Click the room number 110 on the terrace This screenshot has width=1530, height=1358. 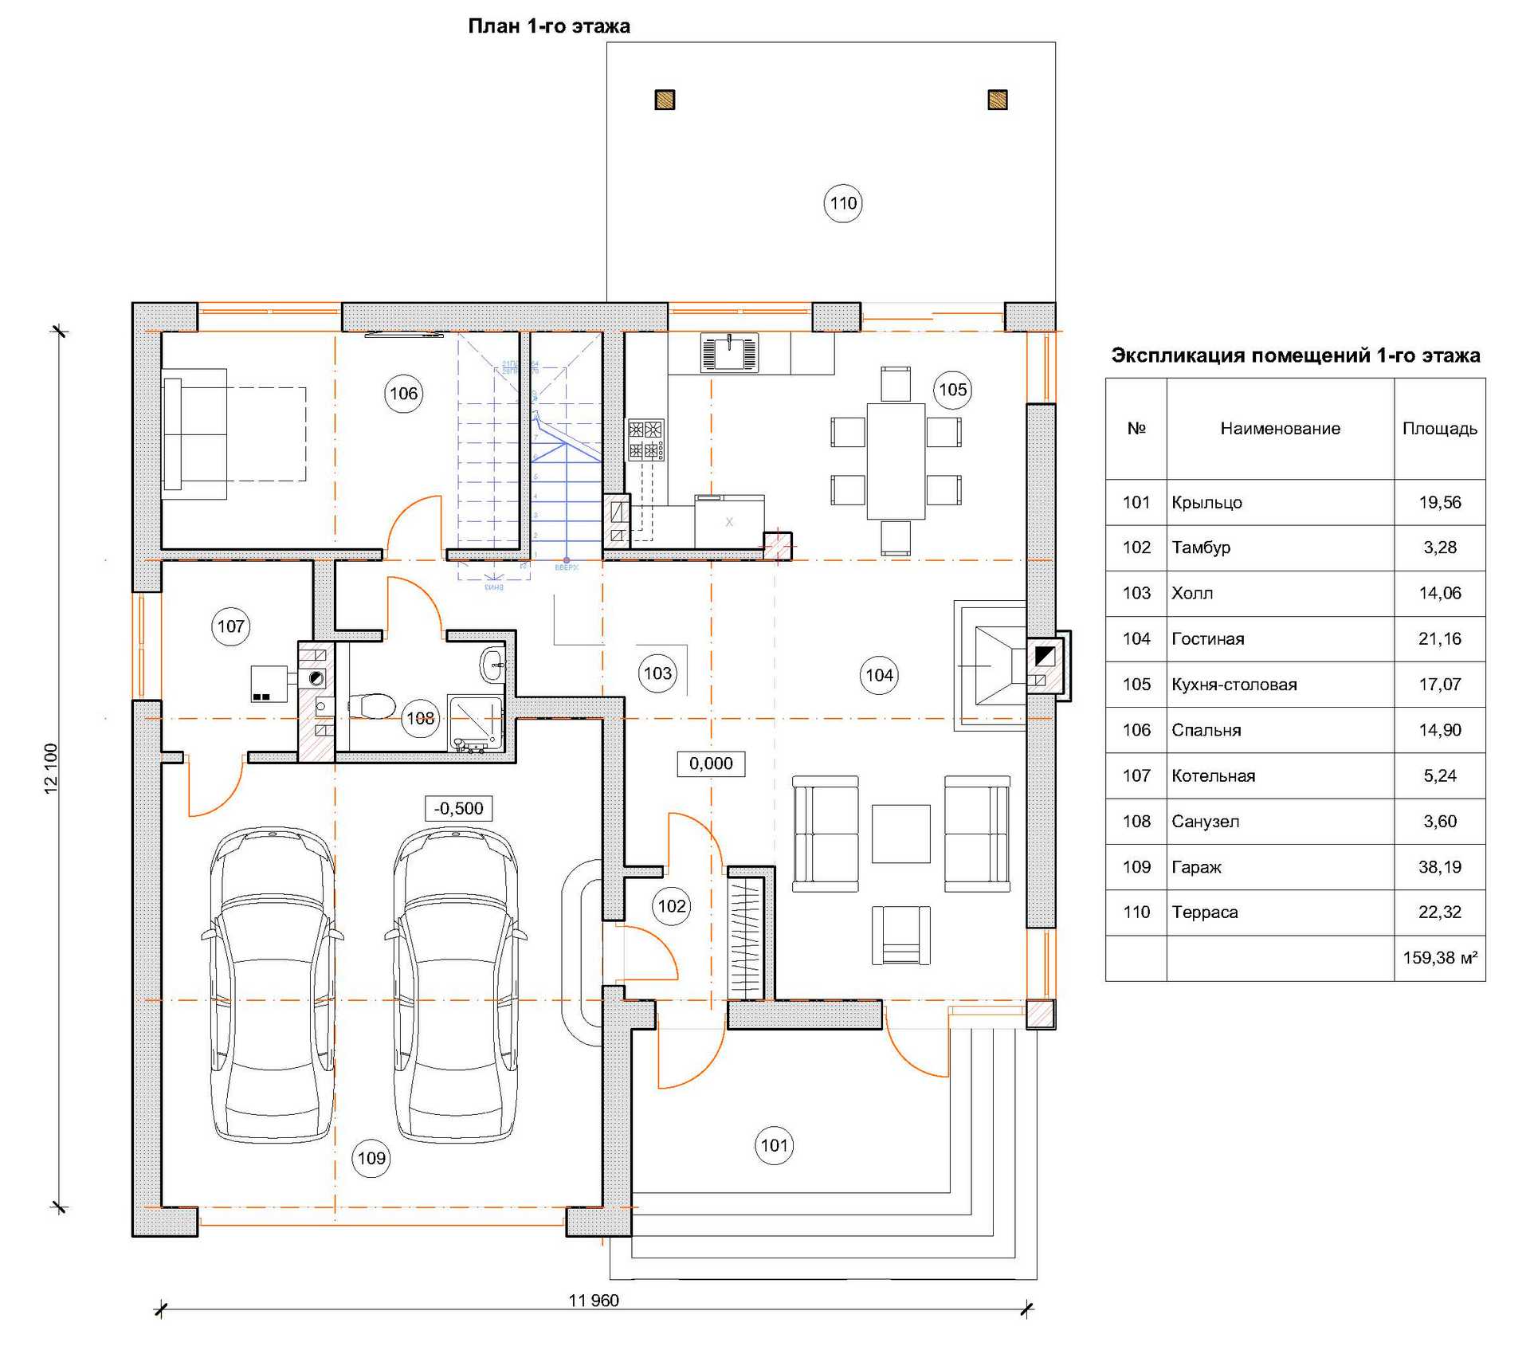pyautogui.click(x=842, y=203)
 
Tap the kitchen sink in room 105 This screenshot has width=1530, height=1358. pyautogui.click(x=729, y=352)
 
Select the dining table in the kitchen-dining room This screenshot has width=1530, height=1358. pyautogui.click(x=896, y=461)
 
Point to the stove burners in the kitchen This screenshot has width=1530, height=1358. pyautogui.click(x=645, y=440)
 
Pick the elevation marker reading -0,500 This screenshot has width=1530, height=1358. pyautogui.click(x=458, y=808)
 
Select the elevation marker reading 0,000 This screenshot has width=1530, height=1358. pyautogui.click(x=711, y=763)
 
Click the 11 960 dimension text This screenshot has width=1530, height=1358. pyautogui.click(x=594, y=1301)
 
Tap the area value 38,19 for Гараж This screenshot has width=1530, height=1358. pyautogui.click(x=1439, y=867)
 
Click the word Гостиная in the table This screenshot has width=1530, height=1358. pyautogui.click(x=1207, y=639)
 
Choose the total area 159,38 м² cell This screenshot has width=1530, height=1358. pyautogui.click(x=1439, y=958)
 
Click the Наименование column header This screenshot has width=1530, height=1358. pyautogui.click(x=1280, y=429)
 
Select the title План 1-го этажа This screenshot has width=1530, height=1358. pyautogui.click(x=549, y=26)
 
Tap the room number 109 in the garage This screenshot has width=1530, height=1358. pyautogui.click(x=371, y=1158)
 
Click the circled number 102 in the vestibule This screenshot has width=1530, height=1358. pyautogui.click(x=671, y=906)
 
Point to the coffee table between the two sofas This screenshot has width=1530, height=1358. pyautogui.click(x=900, y=834)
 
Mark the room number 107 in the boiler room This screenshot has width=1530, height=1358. pyautogui.click(x=231, y=626)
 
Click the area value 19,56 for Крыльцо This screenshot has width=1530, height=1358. pyautogui.click(x=1439, y=503)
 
